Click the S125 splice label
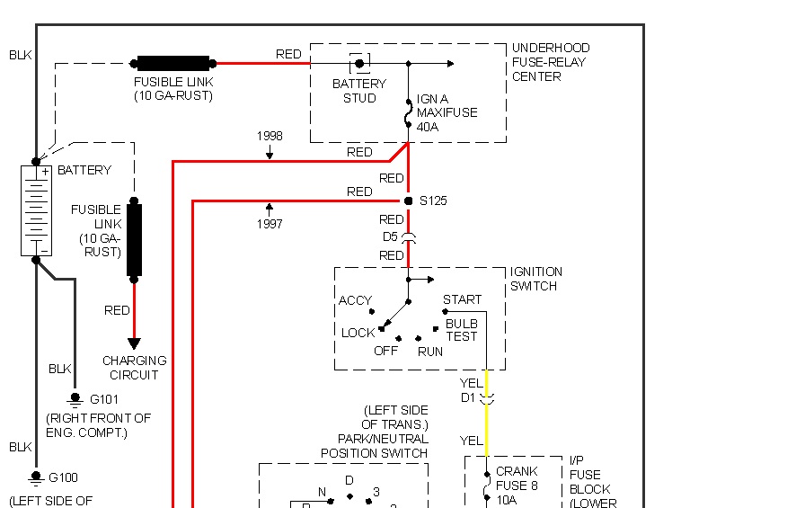point(433,201)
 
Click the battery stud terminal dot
point(359,64)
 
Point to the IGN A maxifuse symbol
point(409,113)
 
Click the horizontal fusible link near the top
point(173,64)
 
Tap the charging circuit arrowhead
point(134,343)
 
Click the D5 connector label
point(390,236)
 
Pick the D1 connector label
point(468,397)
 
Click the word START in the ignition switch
point(462,299)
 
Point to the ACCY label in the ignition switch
point(355,300)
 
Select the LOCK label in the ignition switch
point(358,333)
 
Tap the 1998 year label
point(270,136)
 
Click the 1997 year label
point(270,224)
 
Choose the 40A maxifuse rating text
point(428,127)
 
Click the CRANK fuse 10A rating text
point(506,500)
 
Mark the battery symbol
point(36,209)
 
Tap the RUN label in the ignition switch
point(430,352)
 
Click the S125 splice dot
point(408,201)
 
